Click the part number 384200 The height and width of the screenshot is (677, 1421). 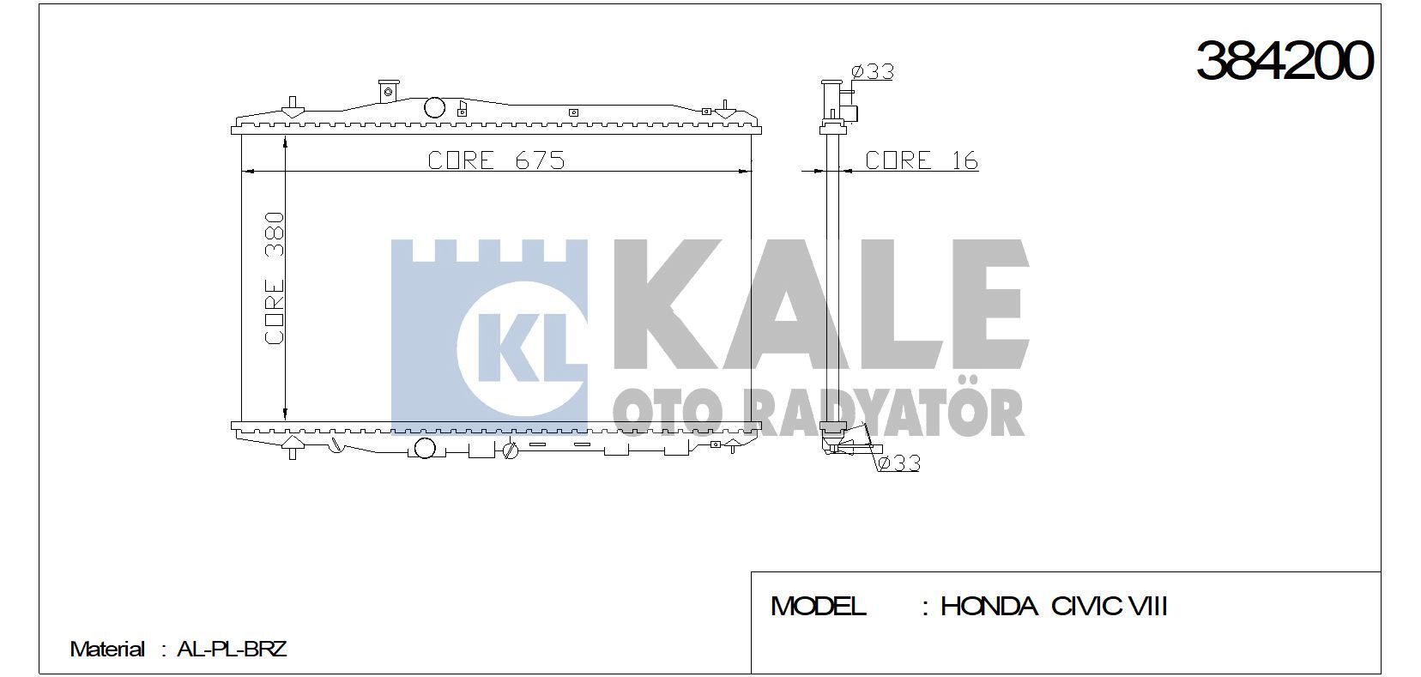point(1284,61)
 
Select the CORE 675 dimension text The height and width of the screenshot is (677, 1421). point(496,160)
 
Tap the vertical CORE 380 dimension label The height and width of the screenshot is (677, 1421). point(274,279)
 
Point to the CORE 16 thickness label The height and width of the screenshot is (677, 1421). point(921,160)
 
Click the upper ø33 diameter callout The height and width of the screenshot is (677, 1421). point(872,71)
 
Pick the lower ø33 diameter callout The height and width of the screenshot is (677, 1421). point(898,463)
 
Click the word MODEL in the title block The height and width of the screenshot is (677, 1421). point(818,607)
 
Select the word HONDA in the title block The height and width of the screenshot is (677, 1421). point(988,607)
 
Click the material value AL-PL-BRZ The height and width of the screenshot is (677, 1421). point(231,649)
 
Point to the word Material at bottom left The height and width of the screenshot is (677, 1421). point(106,649)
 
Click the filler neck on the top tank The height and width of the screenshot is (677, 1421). point(388,90)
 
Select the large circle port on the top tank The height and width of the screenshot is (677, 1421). point(435,107)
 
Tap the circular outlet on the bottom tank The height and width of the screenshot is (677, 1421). point(424,447)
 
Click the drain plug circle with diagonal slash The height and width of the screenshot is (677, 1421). point(511,450)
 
